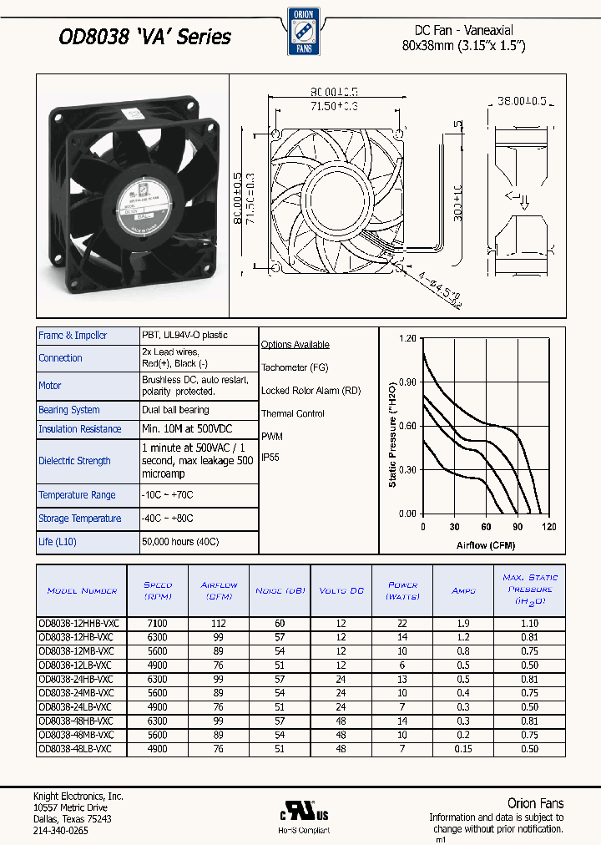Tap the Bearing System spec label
coord(69,410)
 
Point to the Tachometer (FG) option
coord(295,367)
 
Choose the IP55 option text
coord(271,458)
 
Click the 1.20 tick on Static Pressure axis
coord(407,338)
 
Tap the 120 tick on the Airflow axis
coord(548,527)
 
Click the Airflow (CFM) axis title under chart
coord(486,545)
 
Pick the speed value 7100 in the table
coord(157,623)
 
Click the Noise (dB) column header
coord(280,590)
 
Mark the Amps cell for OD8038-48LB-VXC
coord(463,749)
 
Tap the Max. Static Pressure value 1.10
coord(530,623)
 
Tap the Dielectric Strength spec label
coord(74,461)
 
